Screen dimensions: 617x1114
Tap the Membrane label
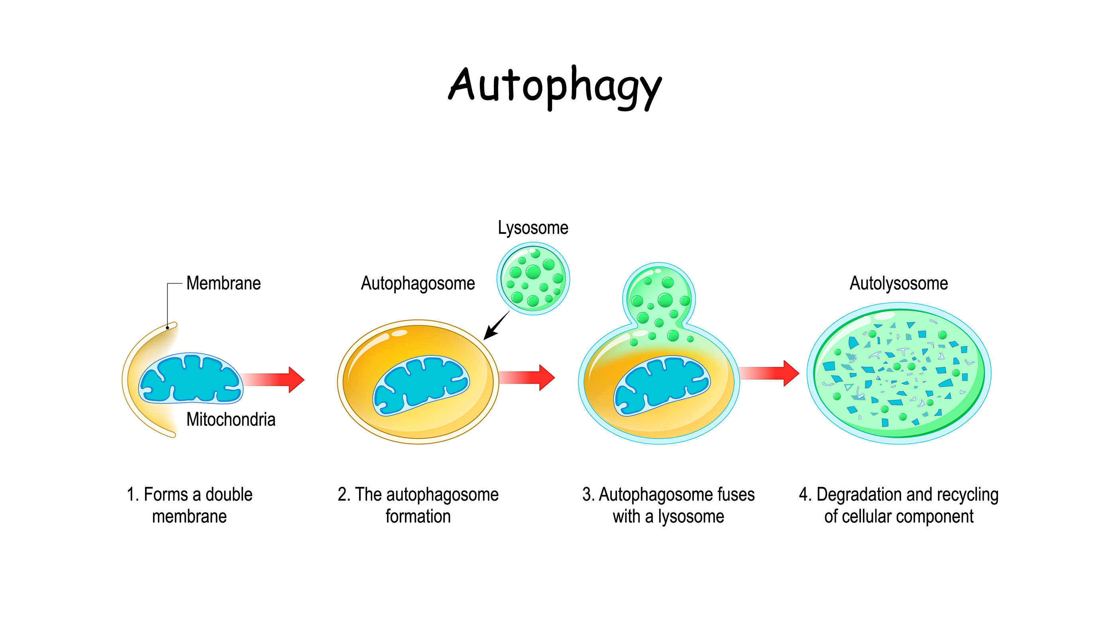point(223,284)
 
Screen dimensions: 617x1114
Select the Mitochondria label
point(230,419)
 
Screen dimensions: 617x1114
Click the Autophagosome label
point(418,284)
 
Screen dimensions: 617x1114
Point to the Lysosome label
point(533,228)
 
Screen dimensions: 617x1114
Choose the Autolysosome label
point(899,284)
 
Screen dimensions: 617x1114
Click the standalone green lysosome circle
point(533,279)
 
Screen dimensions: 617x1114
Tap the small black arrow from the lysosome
point(495,326)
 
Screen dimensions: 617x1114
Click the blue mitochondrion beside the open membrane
point(190,378)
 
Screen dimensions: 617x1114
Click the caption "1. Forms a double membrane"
point(189,505)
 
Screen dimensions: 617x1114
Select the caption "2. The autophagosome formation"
point(418,505)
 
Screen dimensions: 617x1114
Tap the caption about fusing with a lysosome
point(668,505)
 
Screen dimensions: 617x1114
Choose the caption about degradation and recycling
point(899,505)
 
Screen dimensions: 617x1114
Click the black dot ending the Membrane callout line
point(167,328)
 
